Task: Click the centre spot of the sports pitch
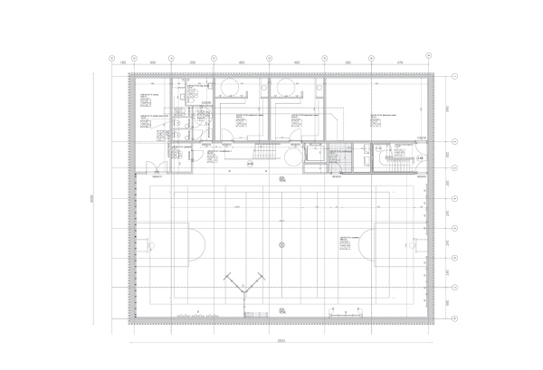tap(282, 244)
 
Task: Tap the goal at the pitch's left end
tap(143, 243)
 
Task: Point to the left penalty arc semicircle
tap(197, 243)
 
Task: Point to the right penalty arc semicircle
tap(366, 243)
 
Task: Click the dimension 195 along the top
tap(121, 62)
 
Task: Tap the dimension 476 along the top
tap(401, 62)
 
